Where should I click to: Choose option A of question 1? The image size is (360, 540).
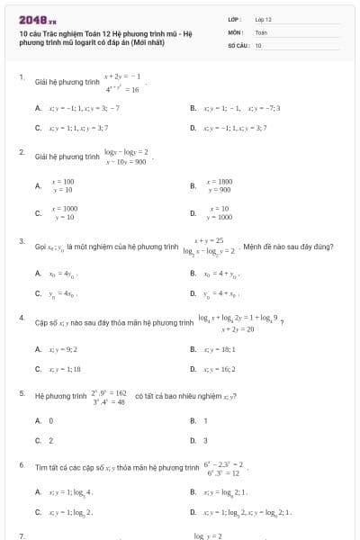(x=39, y=106)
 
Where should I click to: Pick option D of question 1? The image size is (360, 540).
(x=193, y=128)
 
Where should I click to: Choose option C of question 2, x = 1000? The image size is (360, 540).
(x=39, y=213)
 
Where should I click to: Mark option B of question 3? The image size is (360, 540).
(x=193, y=272)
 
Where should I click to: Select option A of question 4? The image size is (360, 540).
(x=39, y=348)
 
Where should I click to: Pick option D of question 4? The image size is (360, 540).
(x=193, y=368)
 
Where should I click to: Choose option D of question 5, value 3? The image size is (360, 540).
(x=193, y=440)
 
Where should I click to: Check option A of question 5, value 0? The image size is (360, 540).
(x=39, y=420)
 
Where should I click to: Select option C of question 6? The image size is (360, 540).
(x=39, y=511)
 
